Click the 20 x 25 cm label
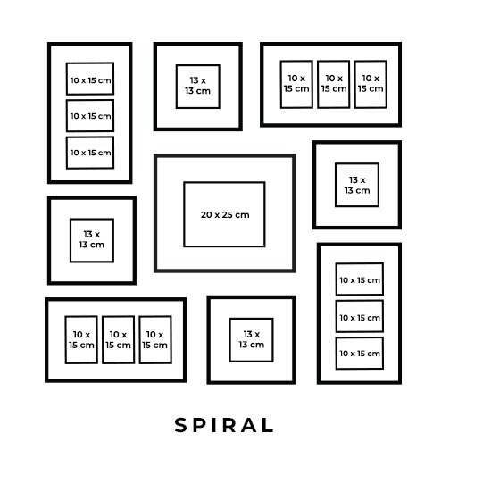tap(225, 214)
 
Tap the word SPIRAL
tap(224, 425)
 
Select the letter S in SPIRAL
tap(180, 425)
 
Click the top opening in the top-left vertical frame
tap(90, 79)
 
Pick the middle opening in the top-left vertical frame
tap(90, 115)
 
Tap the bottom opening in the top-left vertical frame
tap(90, 153)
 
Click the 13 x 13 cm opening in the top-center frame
tap(197, 87)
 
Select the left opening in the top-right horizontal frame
tap(296, 84)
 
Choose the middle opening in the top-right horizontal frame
tap(333, 84)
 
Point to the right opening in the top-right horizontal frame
tap(371, 84)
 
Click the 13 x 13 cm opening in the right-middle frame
tap(357, 185)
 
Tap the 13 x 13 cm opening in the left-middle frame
tap(92, 240)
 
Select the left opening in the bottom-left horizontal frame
tap(81, 339)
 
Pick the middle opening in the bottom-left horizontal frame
tap(118, 339)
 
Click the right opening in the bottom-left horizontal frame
tap(155, 339)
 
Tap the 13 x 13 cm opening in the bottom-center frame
tap(251, 340)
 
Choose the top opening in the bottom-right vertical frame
tap(359, 279)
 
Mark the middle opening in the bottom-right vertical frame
tap(359, 316)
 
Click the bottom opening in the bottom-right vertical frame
tap(359, 353)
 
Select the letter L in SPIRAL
tap(267, 425)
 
